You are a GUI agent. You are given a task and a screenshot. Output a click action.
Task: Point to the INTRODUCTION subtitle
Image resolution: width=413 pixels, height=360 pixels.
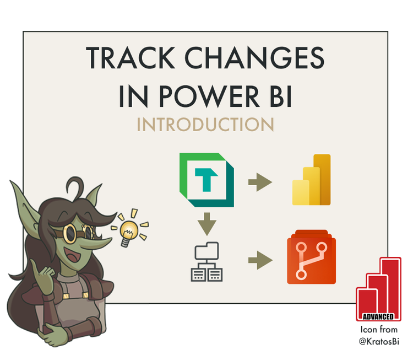click(205, 125)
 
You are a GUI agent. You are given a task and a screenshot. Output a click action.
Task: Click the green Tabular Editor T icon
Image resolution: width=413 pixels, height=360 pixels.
click(206, 176)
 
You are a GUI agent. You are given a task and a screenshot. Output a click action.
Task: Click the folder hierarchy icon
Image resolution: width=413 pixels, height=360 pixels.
click(206, 261)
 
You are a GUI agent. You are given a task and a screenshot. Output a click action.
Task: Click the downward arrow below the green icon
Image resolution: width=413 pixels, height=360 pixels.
click(206, 224)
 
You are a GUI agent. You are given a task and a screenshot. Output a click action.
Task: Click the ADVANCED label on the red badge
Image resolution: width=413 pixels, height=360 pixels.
click(378, 316)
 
